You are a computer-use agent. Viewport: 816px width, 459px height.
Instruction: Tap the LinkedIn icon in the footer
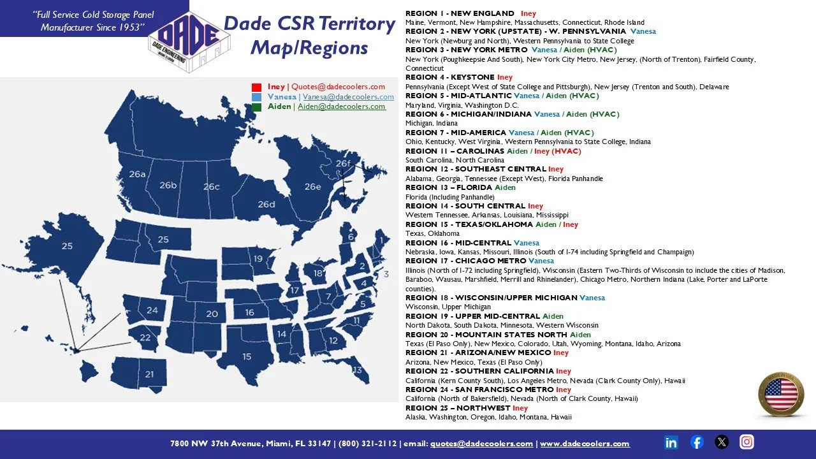pos(671,442)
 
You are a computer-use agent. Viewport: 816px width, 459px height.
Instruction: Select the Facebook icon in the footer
pos(697,442)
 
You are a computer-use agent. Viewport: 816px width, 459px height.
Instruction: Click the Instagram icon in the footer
pos(747,442)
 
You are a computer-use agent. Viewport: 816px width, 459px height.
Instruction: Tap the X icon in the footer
pos(722,442)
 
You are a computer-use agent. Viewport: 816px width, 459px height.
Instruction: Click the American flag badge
pos(781,395)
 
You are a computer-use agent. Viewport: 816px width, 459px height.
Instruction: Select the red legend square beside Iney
pos(257,87)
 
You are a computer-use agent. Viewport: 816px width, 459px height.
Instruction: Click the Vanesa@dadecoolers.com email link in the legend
pos(348,97)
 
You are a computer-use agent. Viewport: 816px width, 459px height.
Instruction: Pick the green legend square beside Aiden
pos(257,107)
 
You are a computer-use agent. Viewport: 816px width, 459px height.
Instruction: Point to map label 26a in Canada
pos(138,174)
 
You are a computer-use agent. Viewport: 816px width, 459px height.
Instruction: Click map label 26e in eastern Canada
pos(312,187)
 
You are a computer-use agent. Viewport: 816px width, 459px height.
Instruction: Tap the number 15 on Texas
pos(247,356)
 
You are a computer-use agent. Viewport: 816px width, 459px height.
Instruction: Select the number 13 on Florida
pos(356,370)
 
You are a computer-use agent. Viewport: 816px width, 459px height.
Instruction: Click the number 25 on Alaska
pos(67,246)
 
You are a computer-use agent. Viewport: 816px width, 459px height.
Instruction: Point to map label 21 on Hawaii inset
pos(149,374)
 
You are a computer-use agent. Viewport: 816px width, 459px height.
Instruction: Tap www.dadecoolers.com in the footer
pos(585,444)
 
